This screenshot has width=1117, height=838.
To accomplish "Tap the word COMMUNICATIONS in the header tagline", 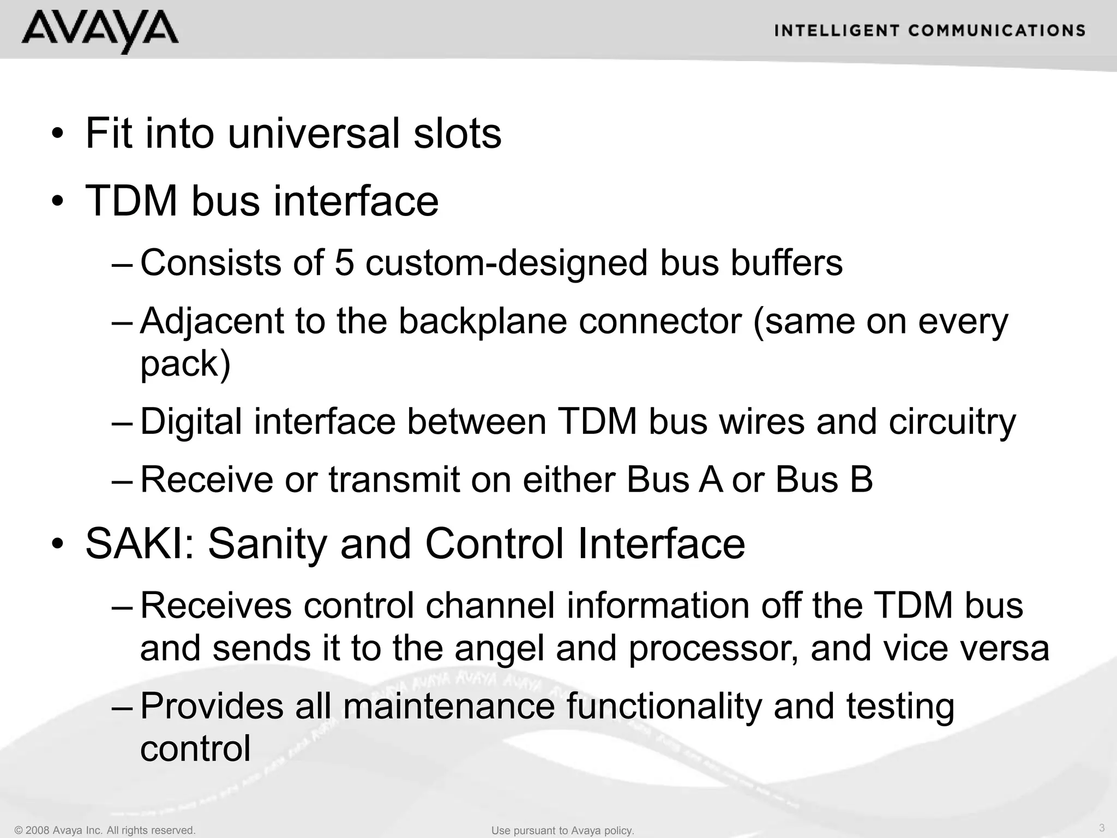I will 996,31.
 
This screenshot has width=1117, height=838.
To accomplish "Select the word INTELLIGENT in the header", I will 836,31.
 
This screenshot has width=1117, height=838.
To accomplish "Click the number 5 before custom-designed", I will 344,262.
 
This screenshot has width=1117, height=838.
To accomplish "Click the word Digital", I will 191,422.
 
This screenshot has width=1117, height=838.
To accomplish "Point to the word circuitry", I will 952,422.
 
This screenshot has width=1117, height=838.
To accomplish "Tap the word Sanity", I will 268,543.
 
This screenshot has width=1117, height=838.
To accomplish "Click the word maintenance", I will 449,706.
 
